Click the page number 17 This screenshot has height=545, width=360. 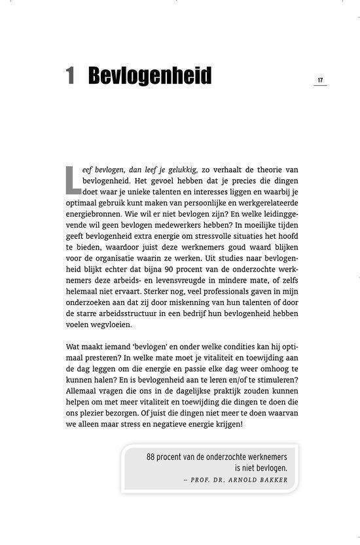pos(320,80)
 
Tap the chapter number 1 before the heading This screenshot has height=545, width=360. pos(70,77)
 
